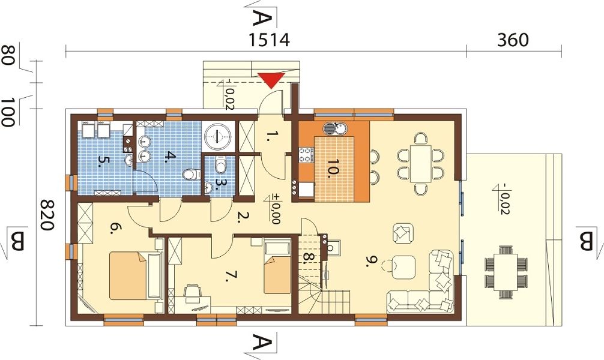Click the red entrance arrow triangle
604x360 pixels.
point(272,80)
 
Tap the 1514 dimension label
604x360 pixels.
point(269,40)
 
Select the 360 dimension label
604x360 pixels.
point(513,40)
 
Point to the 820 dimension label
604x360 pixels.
point(47,215)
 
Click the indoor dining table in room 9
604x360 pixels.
point(421,163)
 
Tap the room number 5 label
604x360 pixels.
point(101,161)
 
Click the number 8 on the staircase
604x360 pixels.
point(307,257)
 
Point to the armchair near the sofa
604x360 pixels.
point(403,233)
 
